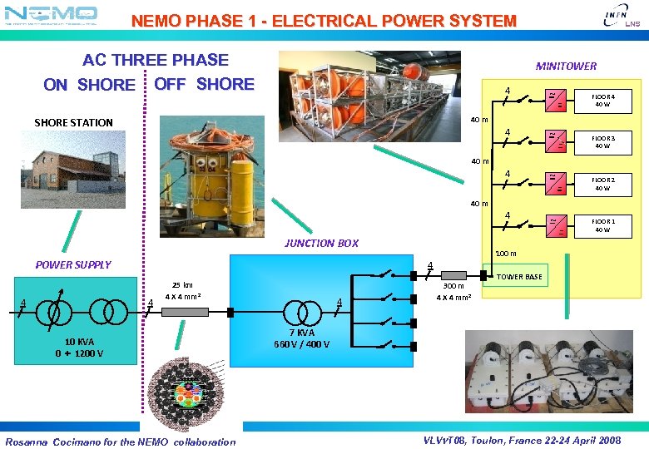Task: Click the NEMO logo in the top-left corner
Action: click(51, 14)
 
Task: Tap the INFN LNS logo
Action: click(621, 16)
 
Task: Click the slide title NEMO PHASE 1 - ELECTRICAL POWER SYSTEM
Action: click(324, 21)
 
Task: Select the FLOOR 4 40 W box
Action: click(602, 101)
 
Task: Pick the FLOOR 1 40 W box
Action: click(602, 226)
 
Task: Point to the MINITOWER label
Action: click(566, 66)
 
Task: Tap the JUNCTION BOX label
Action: click(321, 244)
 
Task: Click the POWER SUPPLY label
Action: click(73, 265)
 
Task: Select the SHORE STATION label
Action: click(73, 123)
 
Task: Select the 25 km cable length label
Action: click(182, 285)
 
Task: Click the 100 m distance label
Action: click(506, 254)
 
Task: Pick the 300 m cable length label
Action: click(453, 286)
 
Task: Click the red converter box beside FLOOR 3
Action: click(554, 140)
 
